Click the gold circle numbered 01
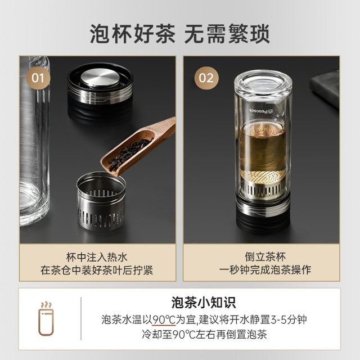(38, 78)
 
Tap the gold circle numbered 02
(206, 78)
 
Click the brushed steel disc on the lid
(100, 78)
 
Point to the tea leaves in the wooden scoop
(130, 155)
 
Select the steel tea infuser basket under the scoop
(101, 201)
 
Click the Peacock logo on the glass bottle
(261, 111)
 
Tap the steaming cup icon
(46, 319)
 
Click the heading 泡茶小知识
(204, 303)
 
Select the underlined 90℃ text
(164, 319)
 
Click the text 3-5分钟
(289, 319)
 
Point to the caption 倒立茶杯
(265, 256)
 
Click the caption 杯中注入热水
(97, 257)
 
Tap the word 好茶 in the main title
(154, 34)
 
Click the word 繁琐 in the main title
(249, 34)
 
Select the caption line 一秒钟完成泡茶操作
(265, 270)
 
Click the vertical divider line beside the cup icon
(81, 318)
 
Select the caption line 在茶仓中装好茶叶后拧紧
(97, 270)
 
